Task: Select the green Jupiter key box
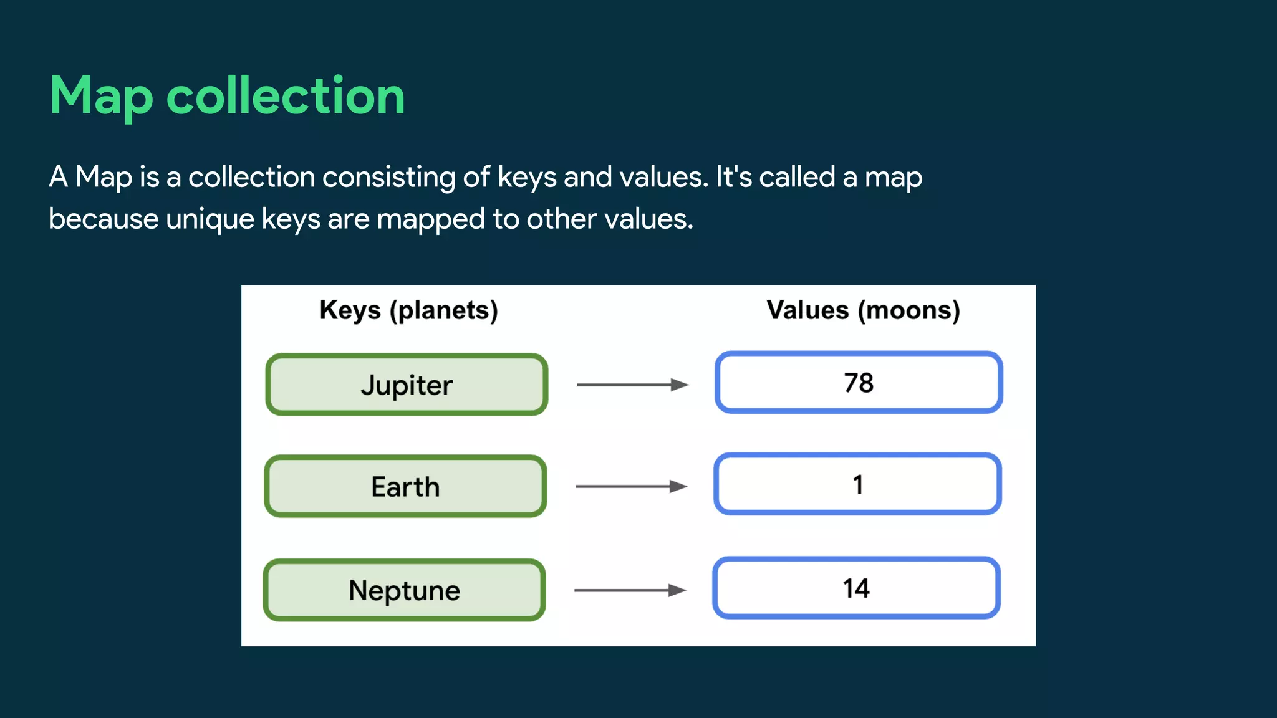tap(407, 385)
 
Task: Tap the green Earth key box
tap(405, 486)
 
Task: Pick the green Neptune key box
tap(404, 590)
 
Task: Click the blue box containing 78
tap(858, 383)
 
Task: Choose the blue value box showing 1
tap(857, 484)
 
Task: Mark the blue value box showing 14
tap(856, 588)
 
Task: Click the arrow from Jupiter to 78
tap(632, 385)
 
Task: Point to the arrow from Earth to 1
tap(630, 486)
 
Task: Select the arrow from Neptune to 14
tap(629, 590)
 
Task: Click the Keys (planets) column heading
tap(408, 310)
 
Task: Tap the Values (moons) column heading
tap(863, 310)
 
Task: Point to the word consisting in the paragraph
tap(388, 177)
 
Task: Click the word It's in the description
tap(733, 177)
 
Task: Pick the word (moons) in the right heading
tap(908, 310)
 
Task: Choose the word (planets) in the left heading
tap(444, 310)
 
